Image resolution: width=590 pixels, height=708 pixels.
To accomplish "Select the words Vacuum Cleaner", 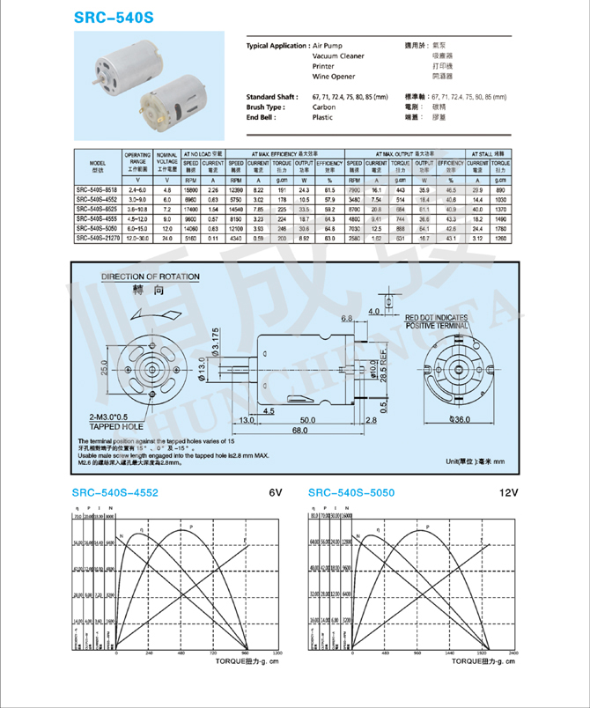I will point(338,56).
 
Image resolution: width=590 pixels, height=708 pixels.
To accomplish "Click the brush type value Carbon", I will point(324,107).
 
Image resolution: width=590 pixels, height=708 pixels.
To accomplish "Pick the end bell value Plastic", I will point(323,117).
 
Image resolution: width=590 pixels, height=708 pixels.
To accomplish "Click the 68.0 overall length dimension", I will point(301,431).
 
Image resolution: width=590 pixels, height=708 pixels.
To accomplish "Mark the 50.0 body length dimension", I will point(306,420).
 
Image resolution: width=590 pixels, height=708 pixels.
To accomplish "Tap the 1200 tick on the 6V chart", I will point(277,653).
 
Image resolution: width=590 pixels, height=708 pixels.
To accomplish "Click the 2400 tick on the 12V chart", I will point(513,653).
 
